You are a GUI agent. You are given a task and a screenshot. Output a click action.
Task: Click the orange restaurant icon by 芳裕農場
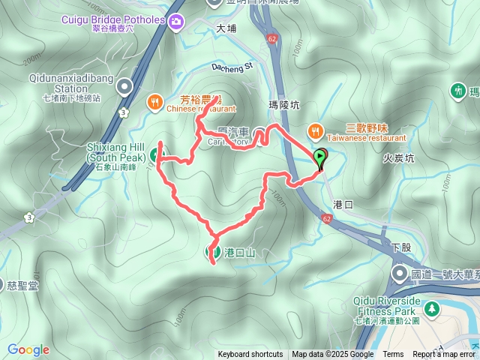[x=155, y=100]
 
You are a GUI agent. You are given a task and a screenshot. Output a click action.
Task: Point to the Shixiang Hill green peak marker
[x=154, y=155]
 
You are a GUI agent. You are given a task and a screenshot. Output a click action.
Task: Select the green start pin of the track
[x=320, y=158]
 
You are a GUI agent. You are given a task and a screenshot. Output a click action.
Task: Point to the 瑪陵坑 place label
[x=283, y=106]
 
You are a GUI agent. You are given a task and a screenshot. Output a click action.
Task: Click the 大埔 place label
[x=226, y=28]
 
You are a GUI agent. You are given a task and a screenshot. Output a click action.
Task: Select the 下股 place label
[x=401, y=247]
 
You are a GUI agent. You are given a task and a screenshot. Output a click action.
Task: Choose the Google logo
[x=28, y=349]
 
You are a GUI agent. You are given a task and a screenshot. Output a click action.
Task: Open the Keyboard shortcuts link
[x=250, y=355]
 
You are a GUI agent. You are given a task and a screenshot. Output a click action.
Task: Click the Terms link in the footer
[x=393, y=355]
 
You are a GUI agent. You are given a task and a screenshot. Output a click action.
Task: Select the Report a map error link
[x=444, y=355]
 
